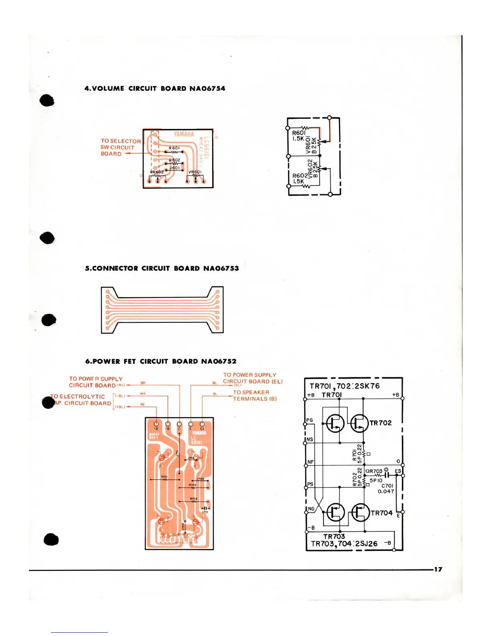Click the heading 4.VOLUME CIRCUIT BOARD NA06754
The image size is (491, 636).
pos(154,88)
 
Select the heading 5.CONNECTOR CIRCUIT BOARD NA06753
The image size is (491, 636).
pos(162,268)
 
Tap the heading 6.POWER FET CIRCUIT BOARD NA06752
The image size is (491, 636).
pos(160,361)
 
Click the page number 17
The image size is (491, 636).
pos(438,569)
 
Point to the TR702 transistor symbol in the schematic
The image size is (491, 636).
pos(359,423)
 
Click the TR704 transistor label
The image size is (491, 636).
pos(381,513)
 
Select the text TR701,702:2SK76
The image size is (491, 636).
pos(344,386)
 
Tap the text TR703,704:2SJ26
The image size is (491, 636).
pos(344,544)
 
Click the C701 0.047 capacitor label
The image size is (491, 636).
pos(386,488)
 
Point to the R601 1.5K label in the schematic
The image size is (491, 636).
pos(299,136)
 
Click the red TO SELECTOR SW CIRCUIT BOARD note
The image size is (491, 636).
pos(120,147)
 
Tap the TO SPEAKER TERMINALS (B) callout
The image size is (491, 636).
pos(255,395)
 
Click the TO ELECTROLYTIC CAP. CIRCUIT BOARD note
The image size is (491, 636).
pos(81,400)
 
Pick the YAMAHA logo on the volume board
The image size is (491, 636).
pos(184,134)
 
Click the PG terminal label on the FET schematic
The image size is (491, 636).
pos(310,420)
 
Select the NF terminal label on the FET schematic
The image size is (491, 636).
pos(310,462)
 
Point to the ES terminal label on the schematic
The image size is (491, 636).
pos(398,471)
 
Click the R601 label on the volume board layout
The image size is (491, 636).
pos(174,148)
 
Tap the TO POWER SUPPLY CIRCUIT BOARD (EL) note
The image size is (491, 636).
pos(253,378)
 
